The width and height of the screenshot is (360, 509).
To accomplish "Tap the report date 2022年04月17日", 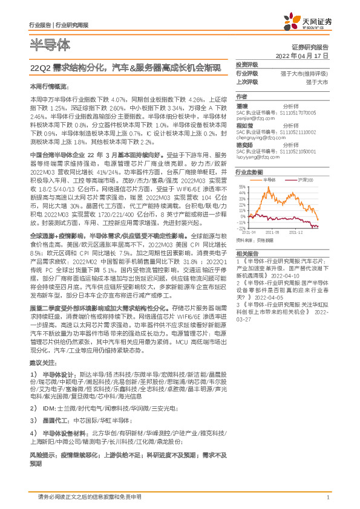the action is pos(301,55).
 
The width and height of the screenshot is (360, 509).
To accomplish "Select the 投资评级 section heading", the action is pos(247,64).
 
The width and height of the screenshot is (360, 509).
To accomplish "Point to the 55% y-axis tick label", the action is pos(243,187).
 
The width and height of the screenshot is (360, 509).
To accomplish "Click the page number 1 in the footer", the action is pos(327,497).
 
